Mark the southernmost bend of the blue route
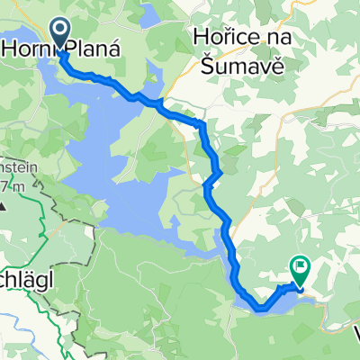pos(261,309)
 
